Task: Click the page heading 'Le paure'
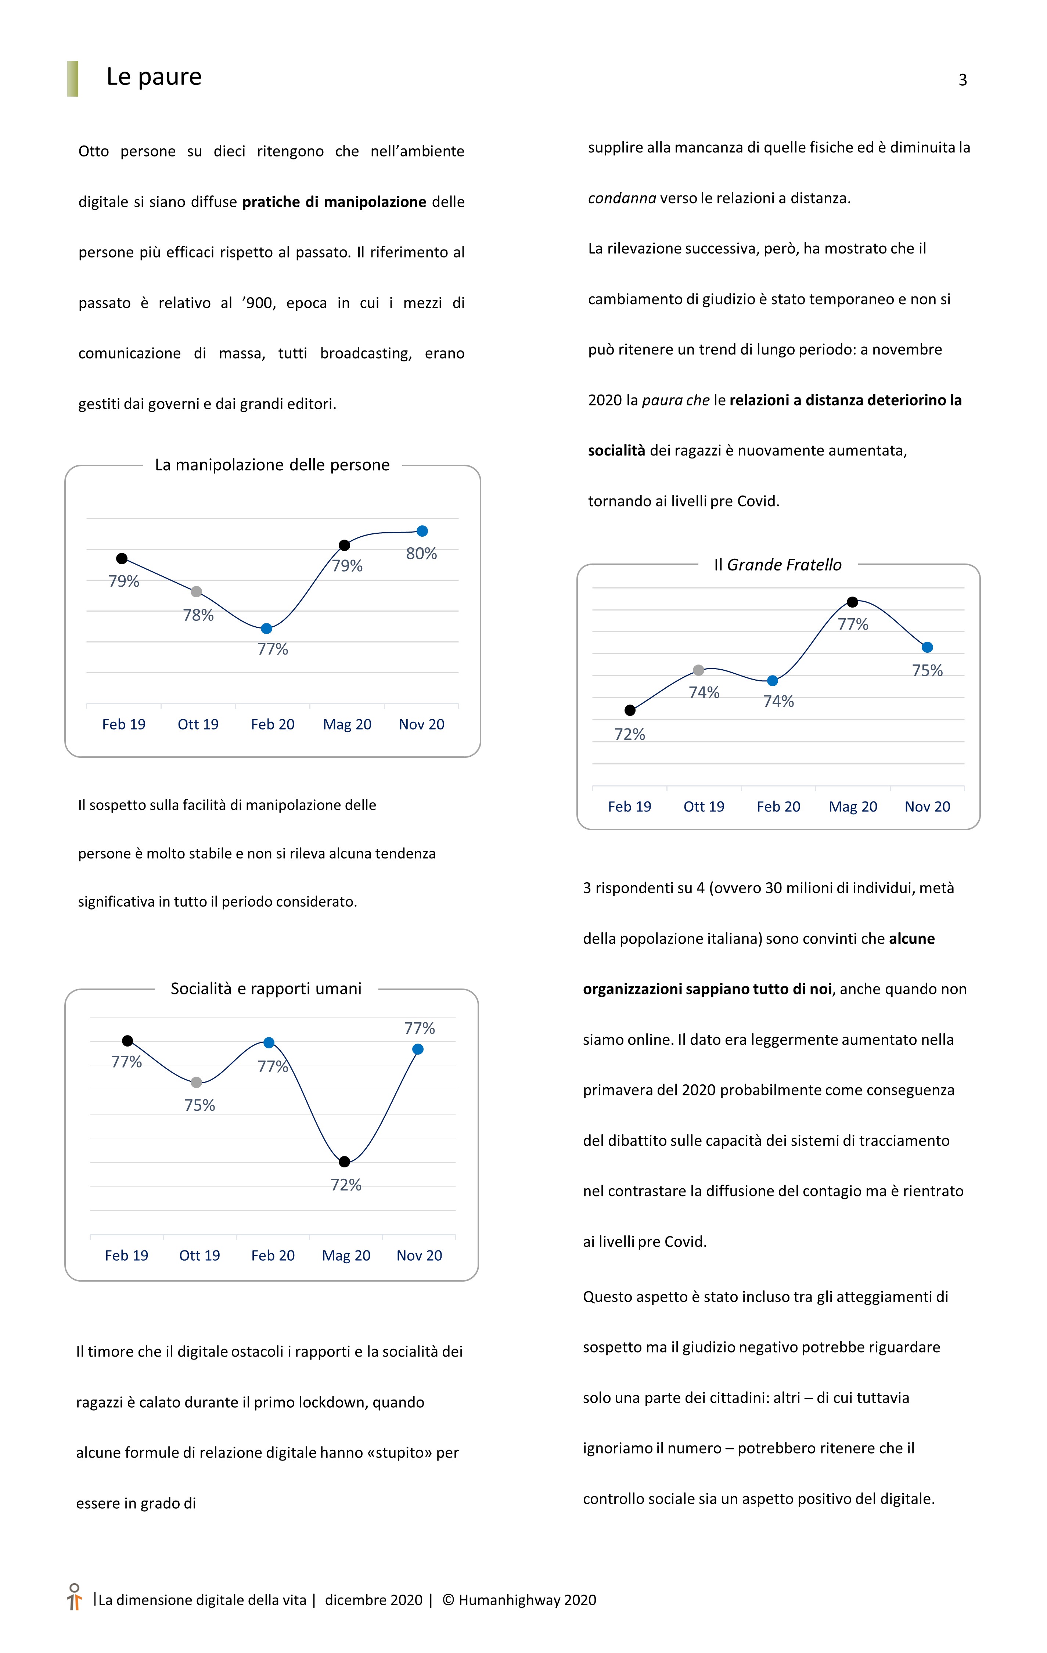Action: coord(154,77)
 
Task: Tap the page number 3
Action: coord(963,80)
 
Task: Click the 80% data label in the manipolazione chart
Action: coord(421,553)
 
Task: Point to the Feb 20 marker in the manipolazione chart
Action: coord(266,629)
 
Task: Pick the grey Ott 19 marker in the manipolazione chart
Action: coord(196,592)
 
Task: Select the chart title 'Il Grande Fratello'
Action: coord(777,565)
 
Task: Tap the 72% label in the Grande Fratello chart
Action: coord(630,735)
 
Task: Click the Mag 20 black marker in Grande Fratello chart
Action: coord(852,602)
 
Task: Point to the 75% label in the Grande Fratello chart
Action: coord(927,671)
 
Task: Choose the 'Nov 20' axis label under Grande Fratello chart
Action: coord(927,807)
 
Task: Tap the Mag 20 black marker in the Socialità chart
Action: coord(345,1162)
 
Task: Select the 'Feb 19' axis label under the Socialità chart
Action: coord(126,1256)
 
